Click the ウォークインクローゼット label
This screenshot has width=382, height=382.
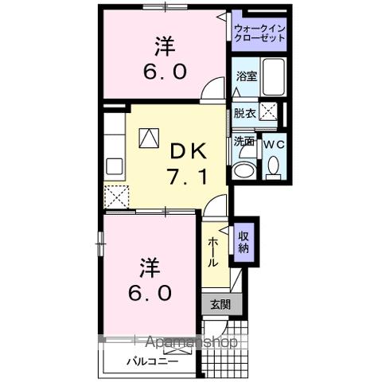coord(259,34)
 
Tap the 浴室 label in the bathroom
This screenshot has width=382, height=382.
coord(246,76)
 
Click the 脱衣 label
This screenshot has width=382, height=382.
coord(245,113)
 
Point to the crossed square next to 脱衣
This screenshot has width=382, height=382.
coord(271,114)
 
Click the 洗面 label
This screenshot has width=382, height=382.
coord(244,142)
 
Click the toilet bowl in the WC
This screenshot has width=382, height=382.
coord(274,167)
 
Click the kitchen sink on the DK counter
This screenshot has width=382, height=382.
coord(113,168)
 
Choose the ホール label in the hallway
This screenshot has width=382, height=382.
coord(214,251)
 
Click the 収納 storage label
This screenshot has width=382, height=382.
coord(244,241)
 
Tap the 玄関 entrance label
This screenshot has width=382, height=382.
coord(220,304)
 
